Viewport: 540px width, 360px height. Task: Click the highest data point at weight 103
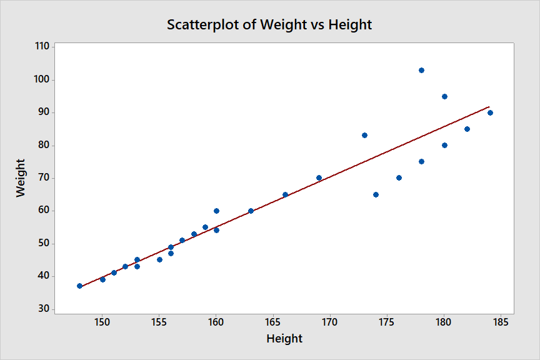[421, 70]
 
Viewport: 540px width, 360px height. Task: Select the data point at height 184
[490, 112]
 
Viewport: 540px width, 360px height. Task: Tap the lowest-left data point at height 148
[79, 286]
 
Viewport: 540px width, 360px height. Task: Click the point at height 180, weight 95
[444, 96]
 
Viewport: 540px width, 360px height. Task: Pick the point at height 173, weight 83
[364, 135]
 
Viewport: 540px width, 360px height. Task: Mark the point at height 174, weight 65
[376, 194]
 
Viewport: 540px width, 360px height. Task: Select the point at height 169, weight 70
[319, 177]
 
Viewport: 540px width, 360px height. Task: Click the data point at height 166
[285, 194]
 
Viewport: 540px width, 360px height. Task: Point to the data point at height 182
[467, 129]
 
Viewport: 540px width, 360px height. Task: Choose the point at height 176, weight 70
[399, 177]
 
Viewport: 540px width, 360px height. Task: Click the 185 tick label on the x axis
[501, 322]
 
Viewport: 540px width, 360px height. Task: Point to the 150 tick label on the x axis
[102, 322]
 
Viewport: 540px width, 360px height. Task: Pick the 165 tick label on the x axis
[272, 322]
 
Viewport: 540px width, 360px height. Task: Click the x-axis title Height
[284, 339]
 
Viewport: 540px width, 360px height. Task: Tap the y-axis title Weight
[21, 178]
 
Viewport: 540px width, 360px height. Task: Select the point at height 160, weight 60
[216, 211]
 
